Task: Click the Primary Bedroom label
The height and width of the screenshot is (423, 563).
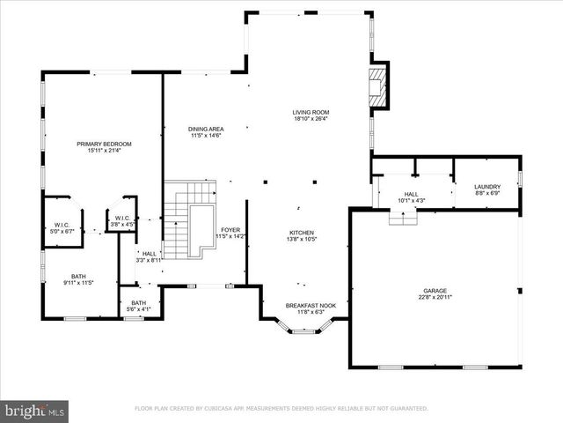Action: pyautogui.click(x=104, y=144)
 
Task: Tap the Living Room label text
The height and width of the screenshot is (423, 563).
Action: pyautogui.click(x=311, y=113)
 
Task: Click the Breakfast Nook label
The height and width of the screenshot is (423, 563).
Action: pyautogui.click(x=305, y=305)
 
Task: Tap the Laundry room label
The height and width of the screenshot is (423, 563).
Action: pyautogui.click(x=486, y=186)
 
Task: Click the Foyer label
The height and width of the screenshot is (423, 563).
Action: pyautogui.click(x=230, y=230)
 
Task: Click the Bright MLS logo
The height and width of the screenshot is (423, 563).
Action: pyautogui.click(x=35, y=411)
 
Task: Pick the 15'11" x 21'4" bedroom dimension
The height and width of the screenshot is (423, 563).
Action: pyautogui.click(x=104, y=150)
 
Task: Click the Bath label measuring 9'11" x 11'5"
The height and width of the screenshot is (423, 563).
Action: pyautogui.click(x=79, y=277)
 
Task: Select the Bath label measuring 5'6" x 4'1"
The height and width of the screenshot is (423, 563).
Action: pyautogui.click(x=133, y=302)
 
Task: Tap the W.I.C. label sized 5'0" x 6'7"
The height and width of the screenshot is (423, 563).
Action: pyautogui.click(x=62, y=225)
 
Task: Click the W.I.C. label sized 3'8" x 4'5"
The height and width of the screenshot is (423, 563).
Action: pyautogui.click(x=121, y=219)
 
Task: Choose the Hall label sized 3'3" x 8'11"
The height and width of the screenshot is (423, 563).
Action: pyautogui.click(x=150, y=255)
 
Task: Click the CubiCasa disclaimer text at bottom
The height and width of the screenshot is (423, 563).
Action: pyautogui.click(x=281, y=409)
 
